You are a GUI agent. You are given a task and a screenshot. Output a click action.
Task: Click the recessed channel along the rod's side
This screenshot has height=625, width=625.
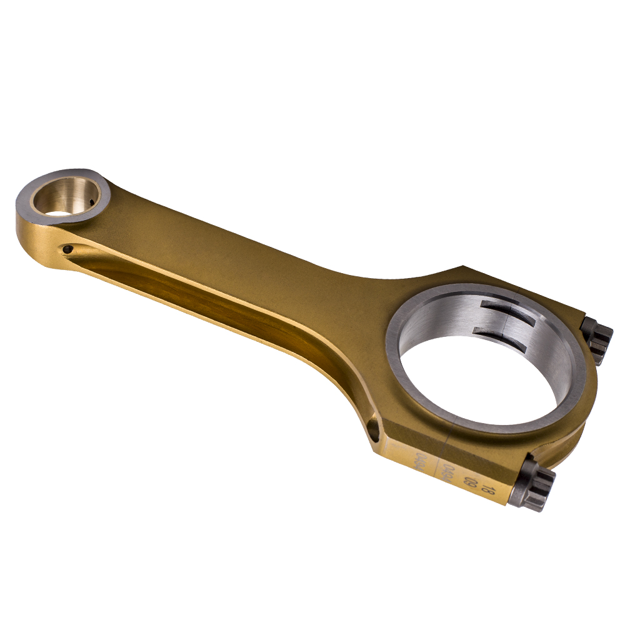click(206, 300)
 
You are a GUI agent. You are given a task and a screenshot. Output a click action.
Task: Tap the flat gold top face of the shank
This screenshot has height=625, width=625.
click(250, 250)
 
